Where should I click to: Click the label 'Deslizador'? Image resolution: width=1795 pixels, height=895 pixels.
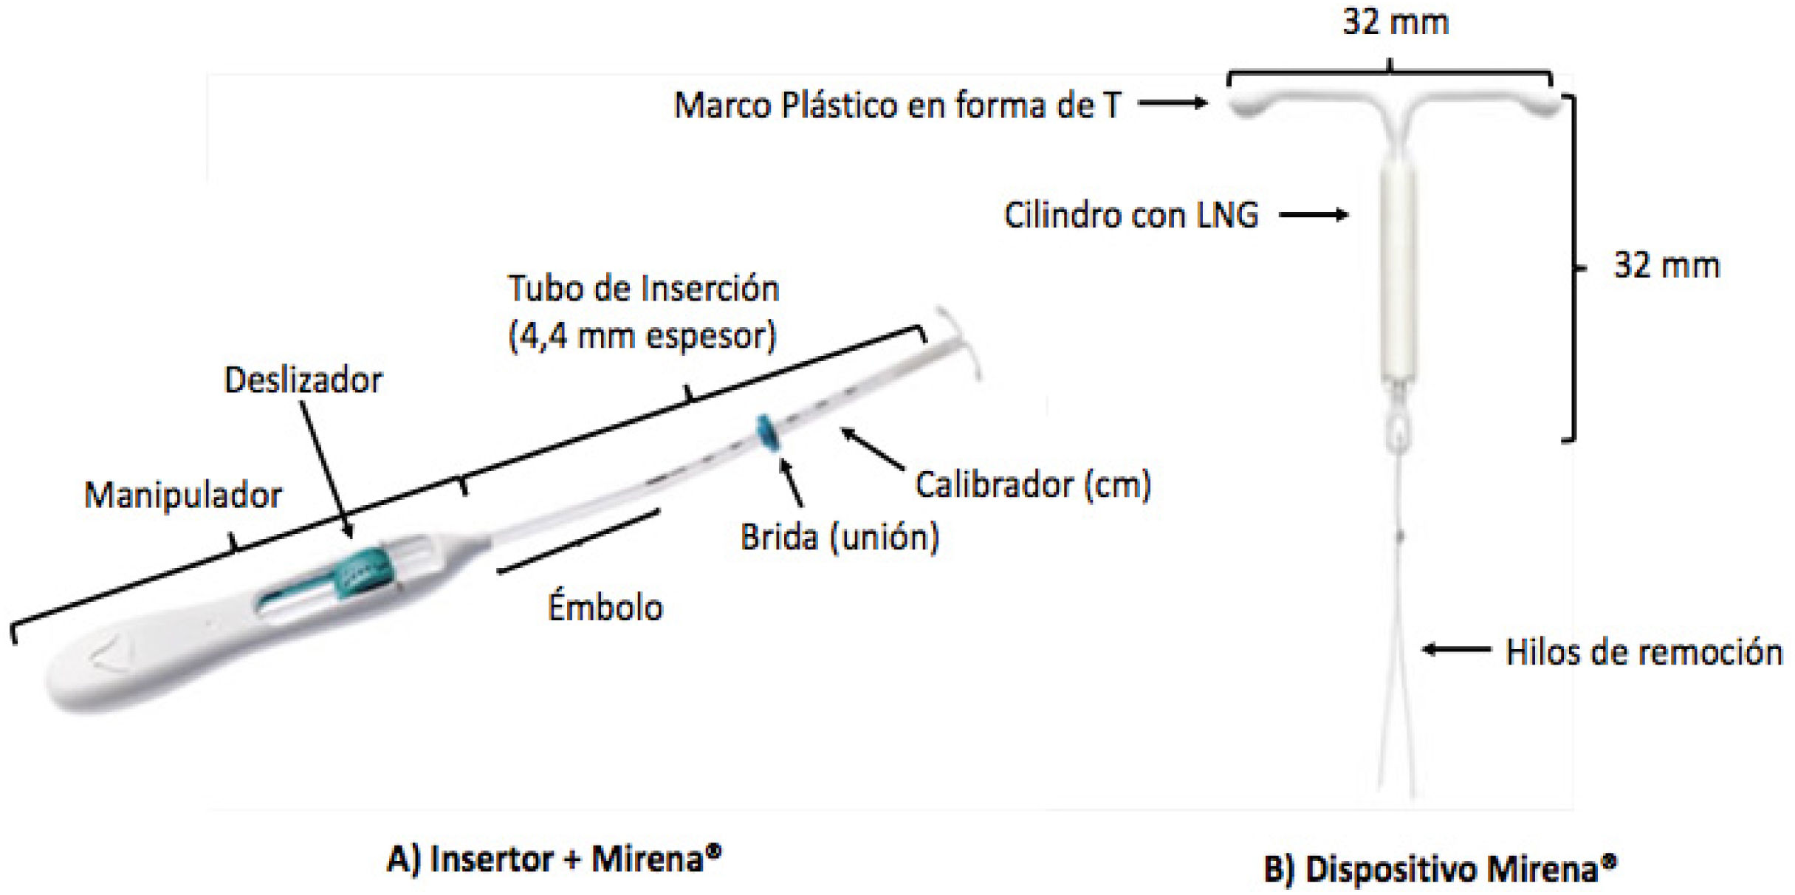(x=303, y=381)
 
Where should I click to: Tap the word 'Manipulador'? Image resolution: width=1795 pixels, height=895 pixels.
(x=183, y=495)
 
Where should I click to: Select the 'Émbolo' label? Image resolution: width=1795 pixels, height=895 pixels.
(x=605, y=608)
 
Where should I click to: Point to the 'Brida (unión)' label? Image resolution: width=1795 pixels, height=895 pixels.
(x=840, y=538)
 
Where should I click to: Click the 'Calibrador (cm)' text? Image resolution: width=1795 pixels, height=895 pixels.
(x=1033, y=485)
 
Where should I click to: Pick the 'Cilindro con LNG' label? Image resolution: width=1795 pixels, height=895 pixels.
(x=1130, y=216)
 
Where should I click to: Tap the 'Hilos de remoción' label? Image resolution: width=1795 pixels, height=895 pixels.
(x=1644, y=653)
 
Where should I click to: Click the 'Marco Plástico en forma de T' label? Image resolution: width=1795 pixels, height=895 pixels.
(x=897, y=105)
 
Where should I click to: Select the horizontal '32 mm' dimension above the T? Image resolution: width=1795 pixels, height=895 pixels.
(x=1395, y=22)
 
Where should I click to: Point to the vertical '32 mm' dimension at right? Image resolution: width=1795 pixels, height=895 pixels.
(x=1667, y=266)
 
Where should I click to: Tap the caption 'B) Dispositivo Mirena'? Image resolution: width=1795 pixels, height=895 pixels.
(x=1440, y=869)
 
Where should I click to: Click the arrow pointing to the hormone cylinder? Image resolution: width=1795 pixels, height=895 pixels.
(x=1314, y=216)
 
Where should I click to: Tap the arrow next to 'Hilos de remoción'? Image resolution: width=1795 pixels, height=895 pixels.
(x=1456, y=651)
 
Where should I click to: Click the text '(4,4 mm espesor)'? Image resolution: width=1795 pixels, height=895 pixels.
(x=642, y=337)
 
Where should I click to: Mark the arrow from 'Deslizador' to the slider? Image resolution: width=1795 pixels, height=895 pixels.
(x=326, y=469)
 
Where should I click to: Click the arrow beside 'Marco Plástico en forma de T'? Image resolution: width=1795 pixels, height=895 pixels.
(x=1172, y=104)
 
